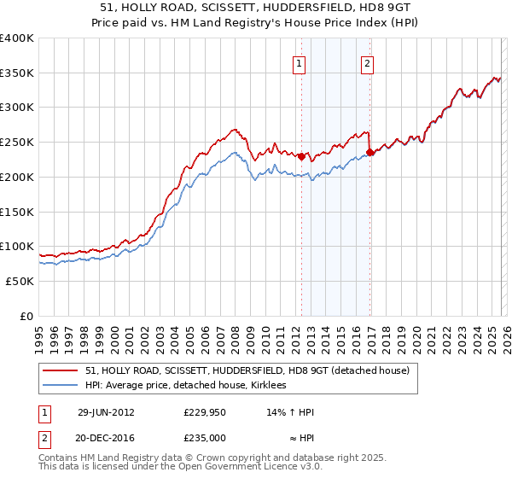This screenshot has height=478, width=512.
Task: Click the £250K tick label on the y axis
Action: (17, 143)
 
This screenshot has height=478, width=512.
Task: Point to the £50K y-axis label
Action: (20, 281)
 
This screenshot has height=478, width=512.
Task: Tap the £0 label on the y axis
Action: (26, 316)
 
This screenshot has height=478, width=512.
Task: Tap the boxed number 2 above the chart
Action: (367, 62)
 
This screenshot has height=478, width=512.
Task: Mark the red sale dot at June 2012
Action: (301, 155)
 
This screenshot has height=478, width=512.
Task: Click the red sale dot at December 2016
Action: (369, 153)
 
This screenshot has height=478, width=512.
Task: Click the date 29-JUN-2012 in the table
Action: (105, 412)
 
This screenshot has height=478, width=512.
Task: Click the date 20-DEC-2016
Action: (105, 438)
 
